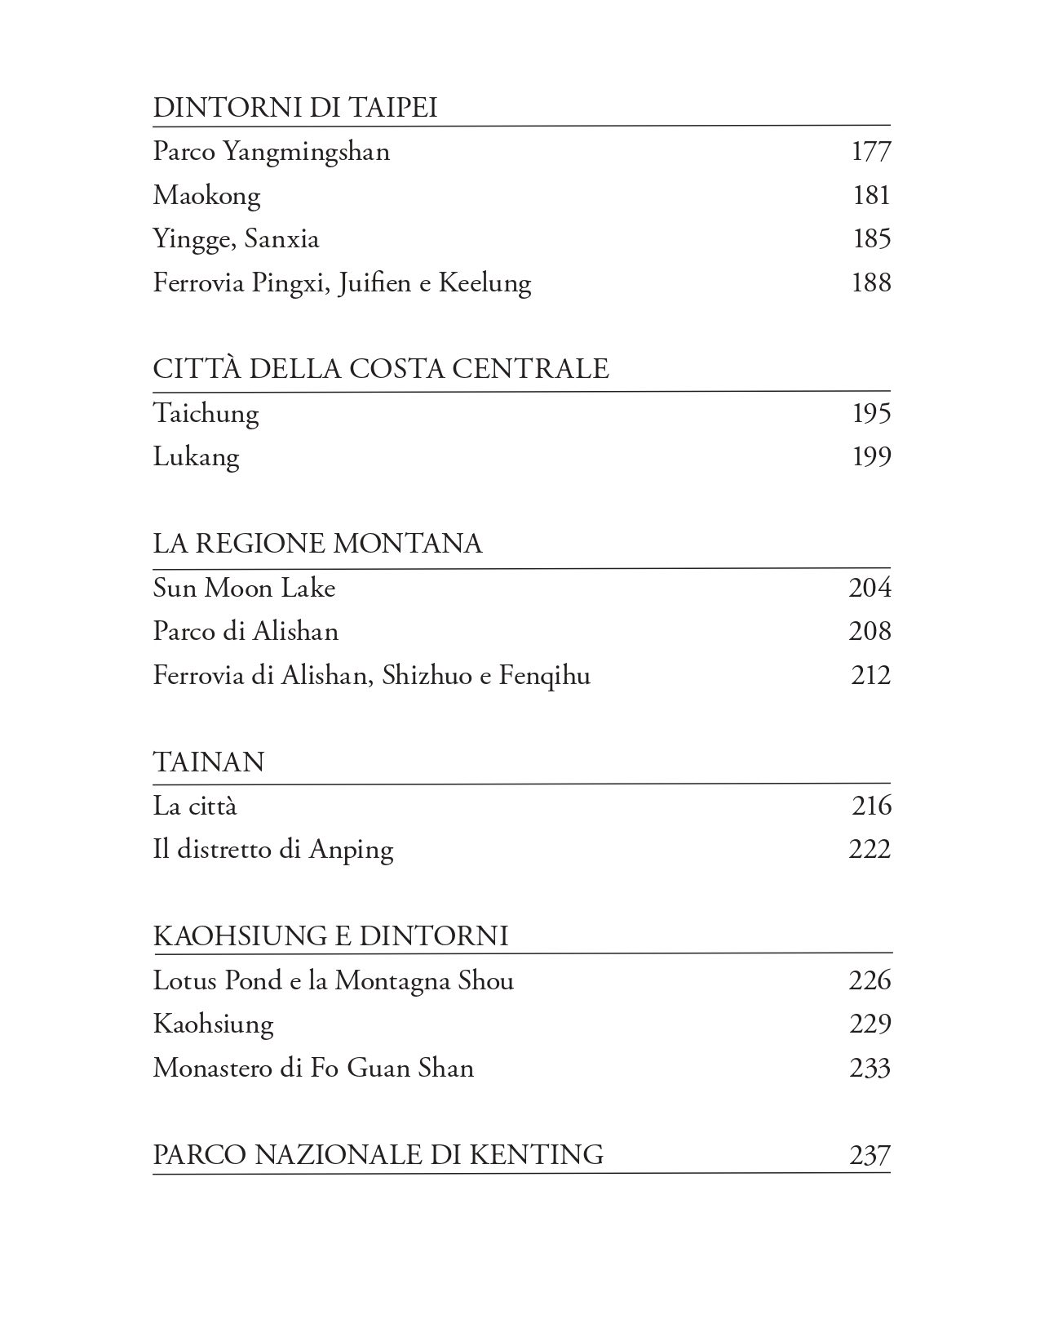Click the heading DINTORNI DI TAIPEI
[x=295, y=108]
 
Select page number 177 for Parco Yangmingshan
[x=871, y=152]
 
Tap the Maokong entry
[x=207, y=196]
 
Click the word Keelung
[x=485, y=283]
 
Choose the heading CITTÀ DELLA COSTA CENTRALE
[x=381, y=369]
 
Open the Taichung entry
[x=206, y=413]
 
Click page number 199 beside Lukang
[x=871, y=456]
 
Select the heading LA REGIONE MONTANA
[x=318, y=544]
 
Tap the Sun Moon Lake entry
[x=245, y=588]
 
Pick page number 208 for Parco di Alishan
[x=870, y=631]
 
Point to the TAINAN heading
[x=209, y=762]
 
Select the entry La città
[x=195, y=806]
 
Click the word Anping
[x=352, y=851]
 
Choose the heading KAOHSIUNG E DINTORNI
[x=331, y=935]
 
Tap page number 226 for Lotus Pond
[x=870, y=980]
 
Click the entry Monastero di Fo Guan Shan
[x=314, y=1069]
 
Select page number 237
[x=870, y=1156]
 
